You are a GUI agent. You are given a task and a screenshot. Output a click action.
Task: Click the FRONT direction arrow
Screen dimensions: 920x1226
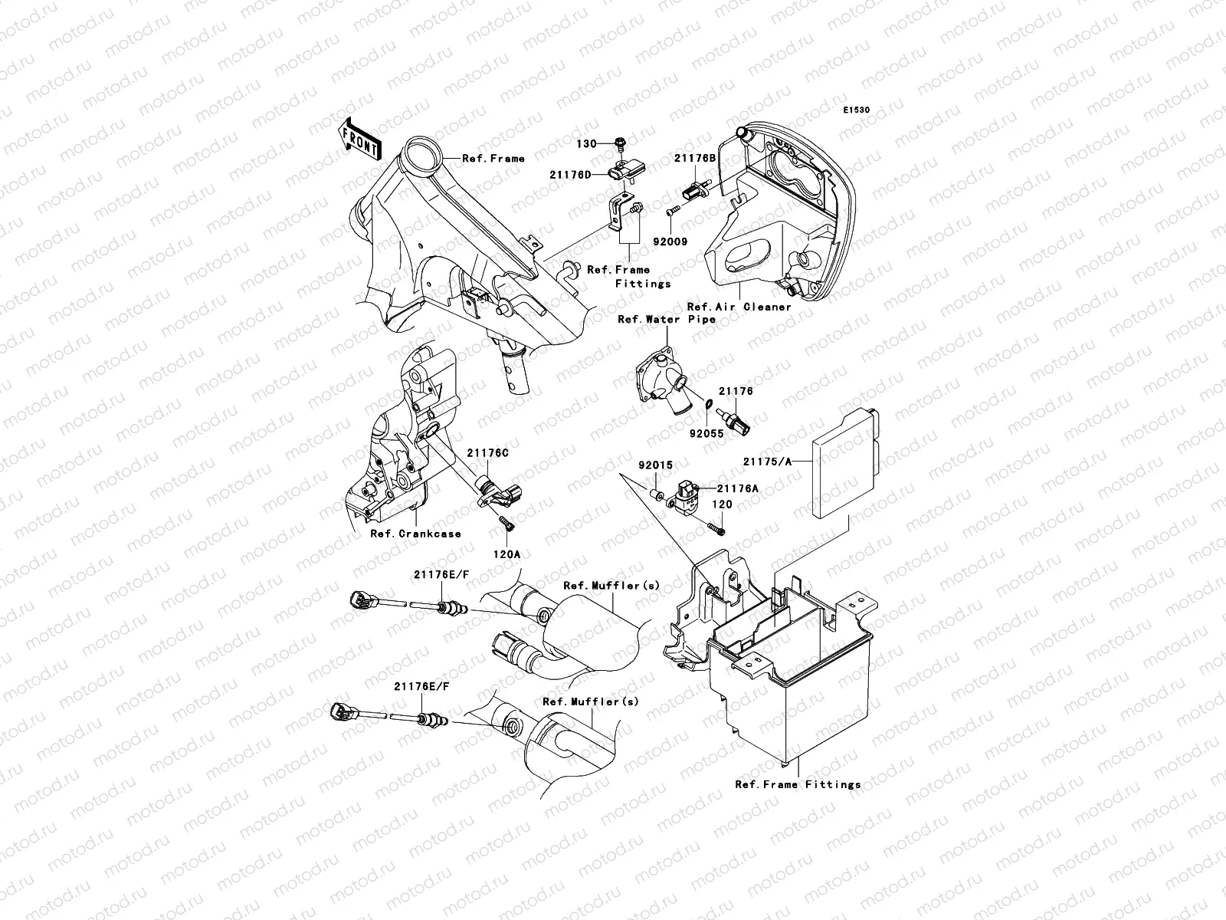pyautogui.click(x=360, y=139)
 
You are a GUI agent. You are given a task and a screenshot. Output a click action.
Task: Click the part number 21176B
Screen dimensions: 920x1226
pyautogui.click(x=694, y=158)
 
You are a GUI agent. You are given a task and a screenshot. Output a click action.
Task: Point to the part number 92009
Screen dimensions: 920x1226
pyautogui.click(x=670, y=242)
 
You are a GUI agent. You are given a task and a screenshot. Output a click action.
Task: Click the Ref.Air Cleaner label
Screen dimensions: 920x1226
pyautogui.click(x=739, y=307)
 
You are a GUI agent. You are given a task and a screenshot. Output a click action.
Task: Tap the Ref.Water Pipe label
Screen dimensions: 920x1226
pyautogui.click(x=666, y=319)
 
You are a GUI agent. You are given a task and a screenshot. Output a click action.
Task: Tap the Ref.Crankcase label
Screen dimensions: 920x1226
pyautogui.click(x=415, y=534)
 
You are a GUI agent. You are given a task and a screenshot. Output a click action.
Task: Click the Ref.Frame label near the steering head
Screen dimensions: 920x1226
pyautogui.click(x=493, y=159)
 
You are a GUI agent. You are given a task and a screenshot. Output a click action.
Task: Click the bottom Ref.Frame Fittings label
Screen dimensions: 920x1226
pyautogui.click(x=797, y=784)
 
